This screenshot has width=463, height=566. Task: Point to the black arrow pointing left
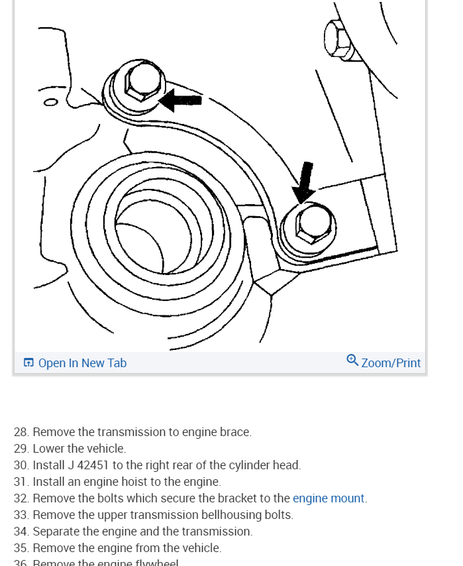pos(180,100)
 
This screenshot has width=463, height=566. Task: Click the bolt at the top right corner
pos(338,37)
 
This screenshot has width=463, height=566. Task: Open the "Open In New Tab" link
pos(82,363)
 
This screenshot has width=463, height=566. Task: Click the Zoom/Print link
pos(391,363)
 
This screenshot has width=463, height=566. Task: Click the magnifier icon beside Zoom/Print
pos(352,361)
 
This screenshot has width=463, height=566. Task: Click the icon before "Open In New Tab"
pos(28,363)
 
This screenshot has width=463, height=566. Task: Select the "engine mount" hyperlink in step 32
pos(329,498)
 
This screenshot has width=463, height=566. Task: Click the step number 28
pos(21,432)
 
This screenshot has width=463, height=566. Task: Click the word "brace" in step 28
pos(235,432)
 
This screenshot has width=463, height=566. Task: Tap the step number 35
pos(21,548)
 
